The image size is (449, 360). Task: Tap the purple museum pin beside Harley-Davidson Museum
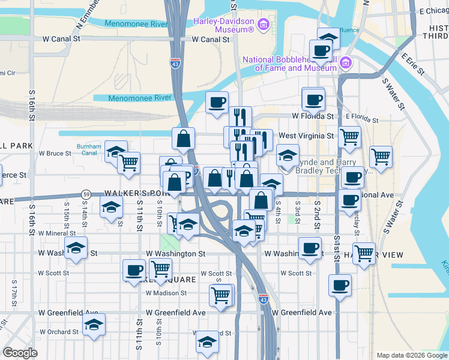pos(262,25)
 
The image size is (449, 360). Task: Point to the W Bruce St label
pos(55,154)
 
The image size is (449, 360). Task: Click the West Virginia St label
pos(306,136)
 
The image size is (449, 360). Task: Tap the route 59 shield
pos(86,194)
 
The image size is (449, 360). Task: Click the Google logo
pos(20,353)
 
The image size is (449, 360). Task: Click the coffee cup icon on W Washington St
pos(310,247)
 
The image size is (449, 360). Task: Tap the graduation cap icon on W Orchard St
pos(94,325)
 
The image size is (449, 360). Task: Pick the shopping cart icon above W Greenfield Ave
pos(220,295)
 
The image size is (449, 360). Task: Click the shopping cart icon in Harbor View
pos(364,253)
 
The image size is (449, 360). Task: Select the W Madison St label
pos(166,293)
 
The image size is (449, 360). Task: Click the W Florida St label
pos(313,116)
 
